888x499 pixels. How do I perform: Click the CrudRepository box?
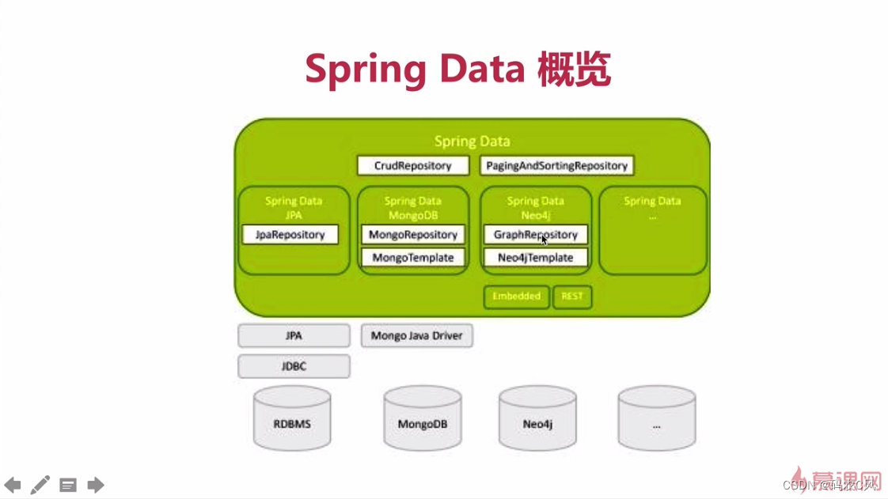pyautogui.click(x=412, y=165)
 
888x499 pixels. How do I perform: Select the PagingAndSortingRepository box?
pyautogui.click(x=556, y=165)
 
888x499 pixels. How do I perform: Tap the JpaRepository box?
pyautogui.click(x=290, y=234)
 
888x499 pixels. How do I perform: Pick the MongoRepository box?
pyautogui.click(x=412, y=234)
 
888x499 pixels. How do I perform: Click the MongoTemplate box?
pyautogui.click(x=412, y=257)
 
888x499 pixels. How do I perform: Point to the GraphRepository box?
pyautogui.click(x=535, y=234)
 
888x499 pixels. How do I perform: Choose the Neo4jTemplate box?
pyautogui.click(x=535, y=257)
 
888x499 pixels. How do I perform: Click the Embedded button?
pyautogui.click(x=516, y=297)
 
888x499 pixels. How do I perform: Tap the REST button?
pyautogui.click(x=572, y=297)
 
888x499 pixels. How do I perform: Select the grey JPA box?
pyautogui.click(x=294, y=335)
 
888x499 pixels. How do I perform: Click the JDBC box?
pyautogui.click(x=294, y=366)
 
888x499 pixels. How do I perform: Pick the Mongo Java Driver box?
pyautogui.click(x=416, y=335)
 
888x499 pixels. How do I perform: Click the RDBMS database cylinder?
pyautogui.click(x=292, y=418)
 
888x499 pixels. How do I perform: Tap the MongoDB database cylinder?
pyautogui.click(x=422, y=418)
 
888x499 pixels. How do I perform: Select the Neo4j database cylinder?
pyautogui.click(x=537, y=418)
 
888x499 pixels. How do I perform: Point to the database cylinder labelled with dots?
pyautogui.click(x=656, y=418)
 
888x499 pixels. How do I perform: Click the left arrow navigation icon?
pyautogui.click(x=13, y=485)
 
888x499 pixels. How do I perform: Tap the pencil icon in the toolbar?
pyautogui.click(x=40, y=485)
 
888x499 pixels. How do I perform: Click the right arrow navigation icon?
pyautogui.click(x=96, y=485)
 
